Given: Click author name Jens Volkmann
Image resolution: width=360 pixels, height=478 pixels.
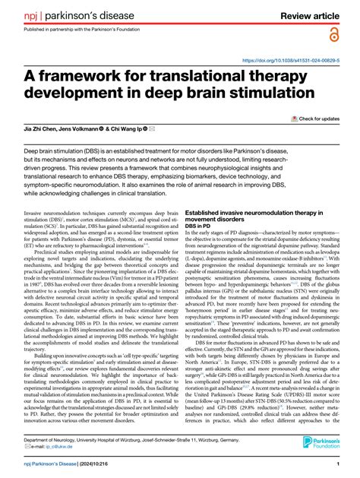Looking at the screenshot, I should click(99, 130).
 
